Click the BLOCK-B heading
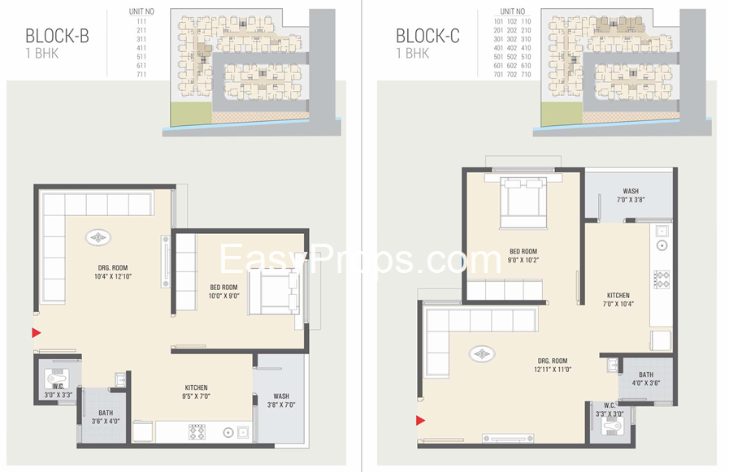tap(56, 36)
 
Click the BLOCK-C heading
tap(427, 36)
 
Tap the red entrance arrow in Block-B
tap(37, 332)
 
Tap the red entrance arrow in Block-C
tap(421, 420)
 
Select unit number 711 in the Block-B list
tap(141, 74)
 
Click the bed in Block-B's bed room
tap(276, 292)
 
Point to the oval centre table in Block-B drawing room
tap(99, 238)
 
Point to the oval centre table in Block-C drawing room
tap(483, 353)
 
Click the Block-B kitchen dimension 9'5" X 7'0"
tap(196, 398)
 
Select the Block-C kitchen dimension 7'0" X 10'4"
tap(618, 304)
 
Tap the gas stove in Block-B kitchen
tap(197, 431)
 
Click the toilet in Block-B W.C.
tap(56, 379)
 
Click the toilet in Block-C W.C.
tap(608, 429)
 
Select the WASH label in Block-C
tap(630, 192)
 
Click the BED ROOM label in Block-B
tap(223, 287)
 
